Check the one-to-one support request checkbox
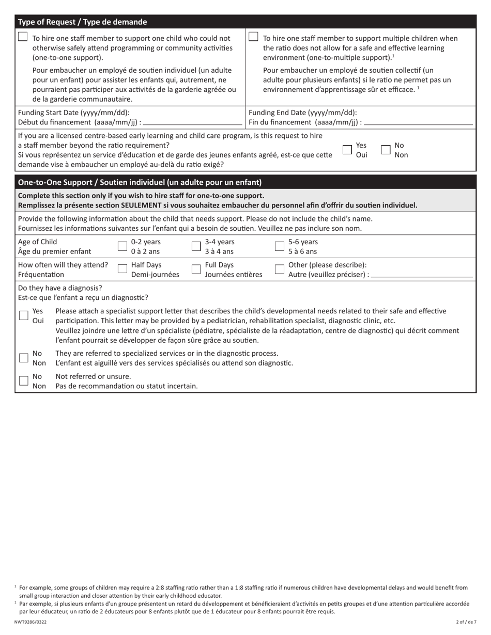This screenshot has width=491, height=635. [x=23, y=37]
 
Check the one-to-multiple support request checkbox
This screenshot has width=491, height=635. [x=253, y=37]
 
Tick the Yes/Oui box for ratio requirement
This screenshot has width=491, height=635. [x=348, y=150]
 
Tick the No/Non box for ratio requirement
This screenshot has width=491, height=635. [x=386, y=150]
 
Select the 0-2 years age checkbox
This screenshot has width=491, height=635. [x=122, y=246]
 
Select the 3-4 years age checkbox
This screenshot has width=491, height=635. [x=196, y=246]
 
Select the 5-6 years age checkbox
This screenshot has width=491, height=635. [x=279, y=246]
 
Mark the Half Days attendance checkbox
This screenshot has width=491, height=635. [x=122, y=269]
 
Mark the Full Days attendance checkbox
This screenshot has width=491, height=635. [x=196, y=269]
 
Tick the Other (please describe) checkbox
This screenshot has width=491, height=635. [x=279, y=269]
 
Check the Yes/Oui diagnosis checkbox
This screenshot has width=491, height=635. [x=24, y=315]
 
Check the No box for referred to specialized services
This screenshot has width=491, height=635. [x=24, y=358]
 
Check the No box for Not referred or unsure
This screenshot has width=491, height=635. [x=24, y=380]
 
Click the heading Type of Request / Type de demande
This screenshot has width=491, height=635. [x=83, y=22]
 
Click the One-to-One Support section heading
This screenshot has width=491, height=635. [x=140, y=182]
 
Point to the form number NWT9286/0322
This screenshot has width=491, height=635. [x=30, y=622]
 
